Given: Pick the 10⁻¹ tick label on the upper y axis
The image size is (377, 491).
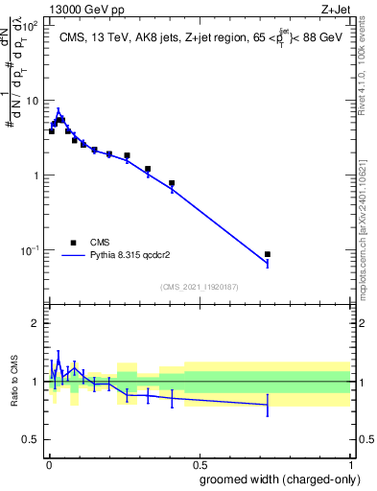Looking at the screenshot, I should click(x=30, y=250).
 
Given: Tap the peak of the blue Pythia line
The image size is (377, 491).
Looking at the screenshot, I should click(x=59, y=110).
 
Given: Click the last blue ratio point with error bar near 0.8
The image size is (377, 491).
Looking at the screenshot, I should click(x=268, y=405).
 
